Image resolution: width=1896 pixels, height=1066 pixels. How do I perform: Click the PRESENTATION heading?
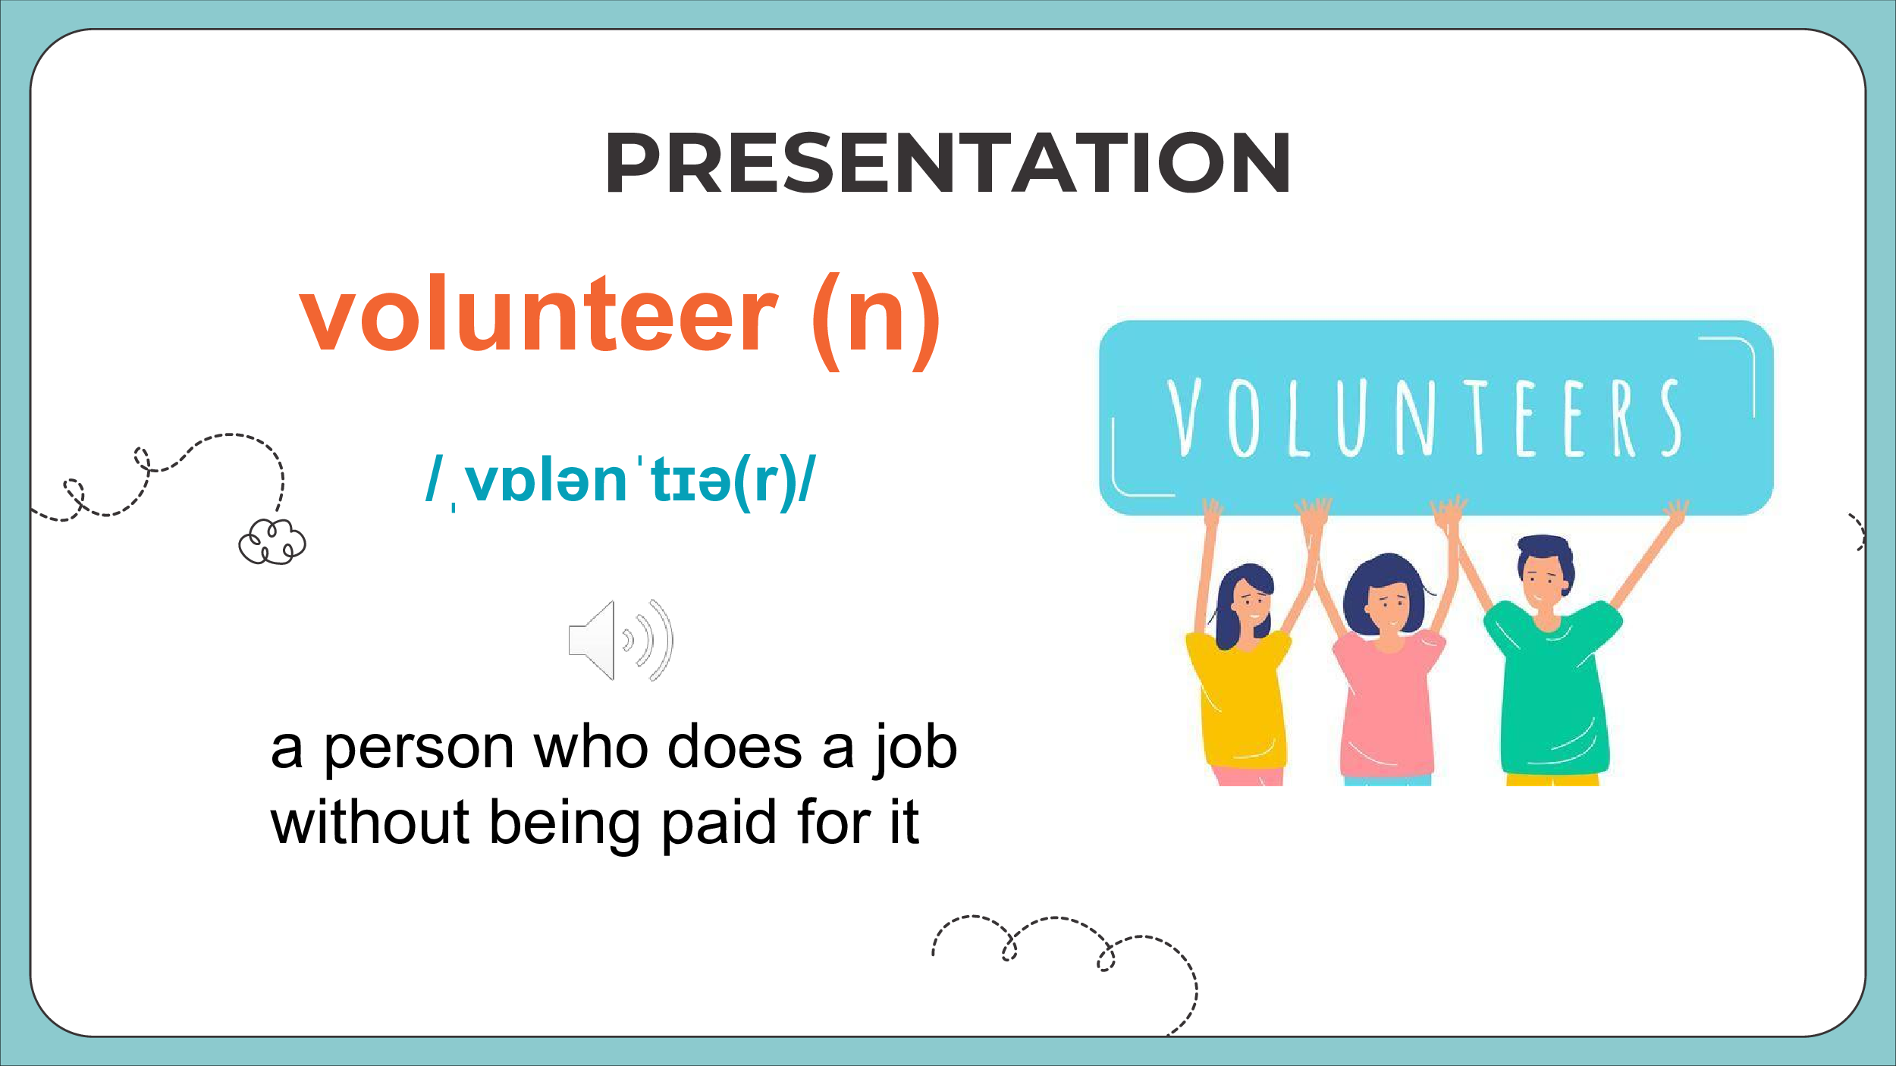tap(948, 162)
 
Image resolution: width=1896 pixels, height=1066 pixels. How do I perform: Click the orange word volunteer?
tap(539, 314)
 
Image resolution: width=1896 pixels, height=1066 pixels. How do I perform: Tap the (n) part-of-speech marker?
tap(877, 321)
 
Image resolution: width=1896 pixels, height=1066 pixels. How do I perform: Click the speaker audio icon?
tap(620, 640)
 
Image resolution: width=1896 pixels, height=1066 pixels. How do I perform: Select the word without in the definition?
tap(370, 822)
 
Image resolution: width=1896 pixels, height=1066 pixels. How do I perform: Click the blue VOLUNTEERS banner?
tap(1436, 418)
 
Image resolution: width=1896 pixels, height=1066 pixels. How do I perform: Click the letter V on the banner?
tap(1184, 417)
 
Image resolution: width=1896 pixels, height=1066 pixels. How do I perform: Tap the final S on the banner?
tap(1672, 417)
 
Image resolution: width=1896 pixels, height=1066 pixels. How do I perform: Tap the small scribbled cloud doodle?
tap(272, 541)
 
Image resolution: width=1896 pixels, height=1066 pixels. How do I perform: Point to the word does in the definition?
tap(734, 748)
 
